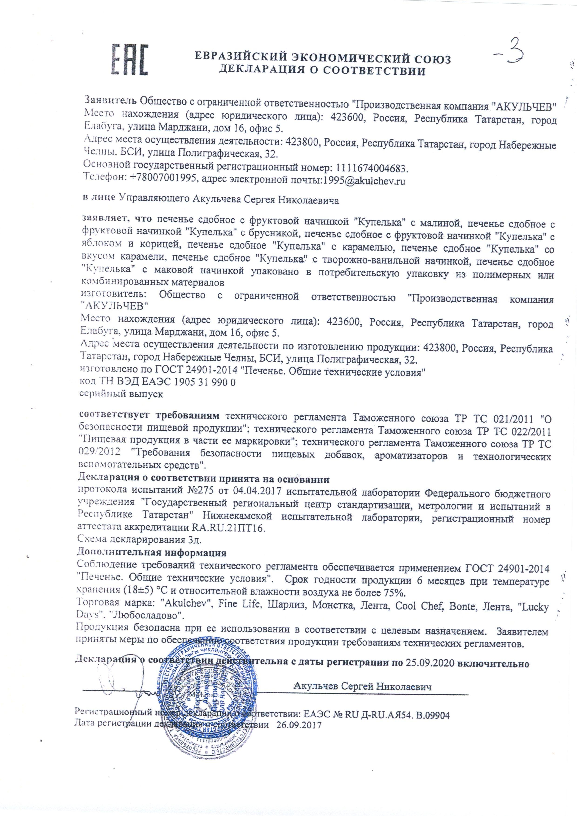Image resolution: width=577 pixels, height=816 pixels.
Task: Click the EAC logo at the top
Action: pyautogui.click(x=129, y=59)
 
